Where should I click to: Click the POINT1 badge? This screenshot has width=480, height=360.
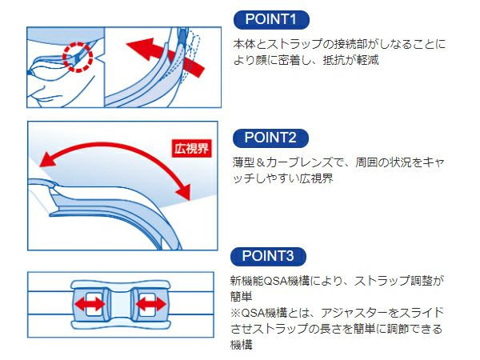pyautogui.click(x=271, y=19)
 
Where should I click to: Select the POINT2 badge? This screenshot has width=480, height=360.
pyautogui.click(x=270, y=138)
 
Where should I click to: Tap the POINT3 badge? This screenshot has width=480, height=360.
pyautogui.click(x=268, y=256)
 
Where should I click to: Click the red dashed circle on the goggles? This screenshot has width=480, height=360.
pyautogui.click(x=78, y=58)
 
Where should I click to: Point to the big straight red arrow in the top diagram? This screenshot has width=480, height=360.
pyautogui.click(x=166, y=58)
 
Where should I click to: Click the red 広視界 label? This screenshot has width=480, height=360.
pyautogui.click(x=192, y=149)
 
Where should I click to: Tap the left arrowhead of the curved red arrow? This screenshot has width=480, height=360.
pyautogui.click(x=47, y=159)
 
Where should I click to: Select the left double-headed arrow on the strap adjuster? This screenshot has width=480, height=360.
pyautogui.click(x=90, y=304)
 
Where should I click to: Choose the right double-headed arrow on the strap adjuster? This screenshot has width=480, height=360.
pyautogui.click(x=151, y=304)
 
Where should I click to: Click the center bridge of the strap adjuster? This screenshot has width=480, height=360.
pyautogui.click(x=120, y=305)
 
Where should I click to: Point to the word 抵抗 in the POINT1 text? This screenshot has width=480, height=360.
pyautogui.click(x=334, y=60)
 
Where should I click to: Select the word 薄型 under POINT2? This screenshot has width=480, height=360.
pyautogui.click(x=243, y=162)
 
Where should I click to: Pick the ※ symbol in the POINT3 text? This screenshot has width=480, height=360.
pyautogui.click(x=236, y=313)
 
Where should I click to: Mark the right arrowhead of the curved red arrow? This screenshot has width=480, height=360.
pyautogui.click(x=184, y=192)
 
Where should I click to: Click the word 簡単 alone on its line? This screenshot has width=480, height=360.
pyautogui.click(x=242, y=297)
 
